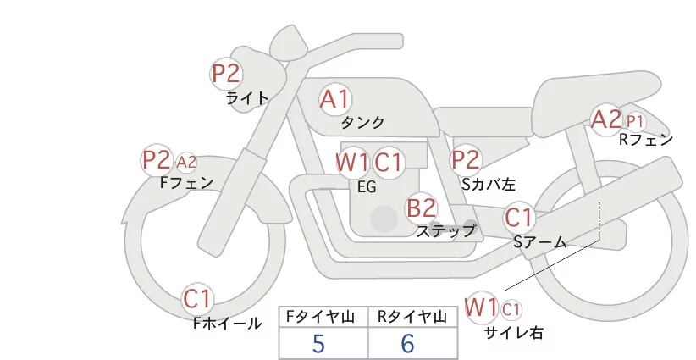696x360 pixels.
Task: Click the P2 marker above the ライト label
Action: click(226, 74)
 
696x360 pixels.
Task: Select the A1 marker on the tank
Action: click(335, 99)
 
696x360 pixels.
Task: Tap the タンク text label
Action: click(362, 122)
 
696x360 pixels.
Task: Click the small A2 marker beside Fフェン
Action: click(186, 162)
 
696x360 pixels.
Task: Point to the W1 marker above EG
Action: click(352, 163)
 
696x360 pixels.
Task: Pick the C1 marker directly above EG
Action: click(388, 163)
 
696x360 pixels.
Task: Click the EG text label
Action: click(367, 187)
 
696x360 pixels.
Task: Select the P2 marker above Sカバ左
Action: click(466, 159)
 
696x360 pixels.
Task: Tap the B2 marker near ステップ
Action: click(422, 208)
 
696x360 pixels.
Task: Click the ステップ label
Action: click(445, 231)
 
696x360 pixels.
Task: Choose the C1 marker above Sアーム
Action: click(519, 218)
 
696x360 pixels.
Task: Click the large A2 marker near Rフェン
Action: click(606, 119)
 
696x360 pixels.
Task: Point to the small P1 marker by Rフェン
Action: click(635, 121)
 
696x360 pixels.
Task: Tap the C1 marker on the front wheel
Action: click(197, 299)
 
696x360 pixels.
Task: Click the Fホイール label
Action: click(227, 323)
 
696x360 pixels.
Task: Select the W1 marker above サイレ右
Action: click(481, 307)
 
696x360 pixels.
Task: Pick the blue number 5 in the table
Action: click(318, 343)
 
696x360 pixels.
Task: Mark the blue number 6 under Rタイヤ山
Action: click(407, 343)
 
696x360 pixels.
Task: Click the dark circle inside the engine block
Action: click(384, 219)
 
